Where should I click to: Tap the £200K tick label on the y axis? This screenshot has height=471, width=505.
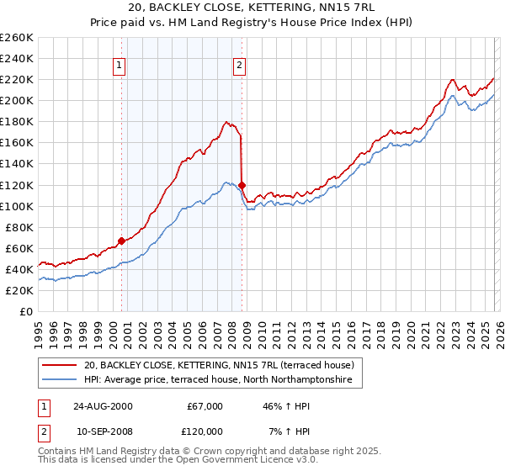[x=17, y=100]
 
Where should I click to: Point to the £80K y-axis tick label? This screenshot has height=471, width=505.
[x=19, y=227]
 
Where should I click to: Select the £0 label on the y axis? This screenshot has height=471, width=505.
[x=26, y=311]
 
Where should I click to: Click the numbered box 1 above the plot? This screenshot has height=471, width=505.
[x=119, y=65]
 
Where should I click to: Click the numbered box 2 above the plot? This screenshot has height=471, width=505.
[x=239, y=65]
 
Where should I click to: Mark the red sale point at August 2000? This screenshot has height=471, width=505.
[x=122, y=241]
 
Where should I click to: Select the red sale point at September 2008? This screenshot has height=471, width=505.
[x=242, y=185]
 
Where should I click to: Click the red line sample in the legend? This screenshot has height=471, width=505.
[x=59, y=366]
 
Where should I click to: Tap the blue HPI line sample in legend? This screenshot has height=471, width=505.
[x=59, y=381]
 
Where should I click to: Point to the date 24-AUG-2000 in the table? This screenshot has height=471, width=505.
[x=103, y=406]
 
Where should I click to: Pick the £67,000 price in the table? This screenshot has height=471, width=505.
[x=204, y=406]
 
